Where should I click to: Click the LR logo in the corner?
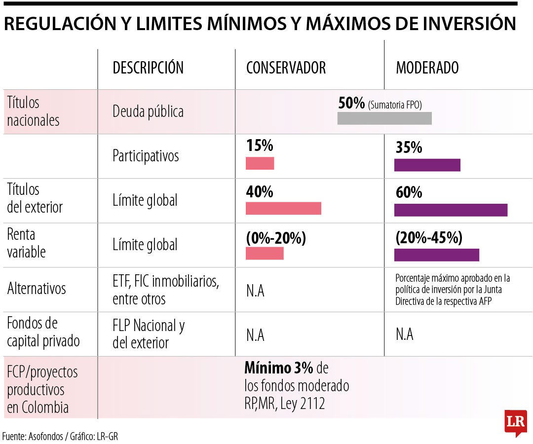click(515, 422)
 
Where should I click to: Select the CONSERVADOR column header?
click(286, 68)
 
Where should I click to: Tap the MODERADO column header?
click(427, 68)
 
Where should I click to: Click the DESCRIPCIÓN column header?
click(148, 68)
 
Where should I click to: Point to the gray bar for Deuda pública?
click(384, 118)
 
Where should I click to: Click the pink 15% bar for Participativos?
click(260, 163)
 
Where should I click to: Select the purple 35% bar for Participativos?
click(427, 165)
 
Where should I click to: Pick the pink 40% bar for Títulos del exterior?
click(283, 208)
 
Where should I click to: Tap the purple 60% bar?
click(451, 210)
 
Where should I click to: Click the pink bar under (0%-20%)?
click(265, 253)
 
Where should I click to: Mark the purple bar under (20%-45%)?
click(436, 255)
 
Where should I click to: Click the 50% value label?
click(351, 103)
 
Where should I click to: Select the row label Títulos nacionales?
click(33, 111)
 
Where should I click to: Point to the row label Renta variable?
click(26, 243)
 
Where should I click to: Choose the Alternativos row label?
click(36, 289)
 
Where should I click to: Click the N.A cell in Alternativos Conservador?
click(255, 291)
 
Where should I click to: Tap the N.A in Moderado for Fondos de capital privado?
click(404, 334)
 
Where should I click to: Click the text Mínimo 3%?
click(278, 369)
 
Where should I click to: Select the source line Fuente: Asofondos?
click(60, 436)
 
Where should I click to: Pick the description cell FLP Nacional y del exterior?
click(148, 334)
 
